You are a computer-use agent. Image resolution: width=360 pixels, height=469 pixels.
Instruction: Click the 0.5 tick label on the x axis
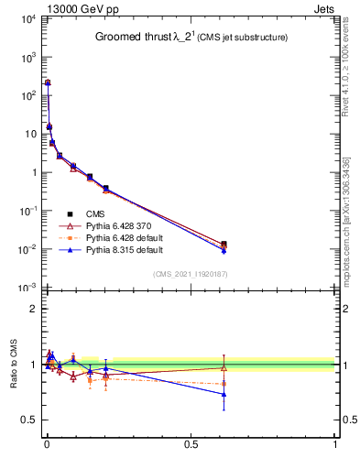[191, 444]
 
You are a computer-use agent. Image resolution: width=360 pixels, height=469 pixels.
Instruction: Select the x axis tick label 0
[47, 444]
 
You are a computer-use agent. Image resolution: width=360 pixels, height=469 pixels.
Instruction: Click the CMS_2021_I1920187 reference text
[191, 274]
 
